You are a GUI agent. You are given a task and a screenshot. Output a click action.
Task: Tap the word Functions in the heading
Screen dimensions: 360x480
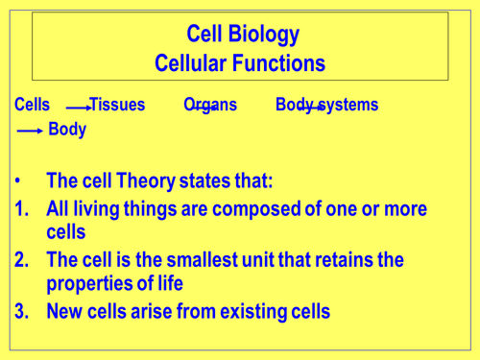280,63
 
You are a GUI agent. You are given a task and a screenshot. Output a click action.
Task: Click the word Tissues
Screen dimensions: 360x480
117,105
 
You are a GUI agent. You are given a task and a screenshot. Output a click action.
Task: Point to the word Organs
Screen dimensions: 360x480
209,105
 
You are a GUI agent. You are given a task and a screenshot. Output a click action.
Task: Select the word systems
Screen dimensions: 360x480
345,105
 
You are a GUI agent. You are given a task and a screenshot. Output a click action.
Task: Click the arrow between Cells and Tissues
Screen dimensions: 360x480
79,108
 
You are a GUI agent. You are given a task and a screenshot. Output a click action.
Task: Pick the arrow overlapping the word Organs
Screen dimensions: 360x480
204,108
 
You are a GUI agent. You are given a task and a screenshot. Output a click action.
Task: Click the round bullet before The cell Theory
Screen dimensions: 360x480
21,180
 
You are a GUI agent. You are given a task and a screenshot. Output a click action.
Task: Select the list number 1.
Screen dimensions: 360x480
23,209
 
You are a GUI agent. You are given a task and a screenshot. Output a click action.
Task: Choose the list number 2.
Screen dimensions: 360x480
23,260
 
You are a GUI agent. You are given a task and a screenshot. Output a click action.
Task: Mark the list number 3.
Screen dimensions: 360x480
23,310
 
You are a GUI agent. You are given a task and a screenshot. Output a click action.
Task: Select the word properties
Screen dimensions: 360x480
88,284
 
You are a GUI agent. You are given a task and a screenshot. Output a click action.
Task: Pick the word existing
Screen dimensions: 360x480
240,310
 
